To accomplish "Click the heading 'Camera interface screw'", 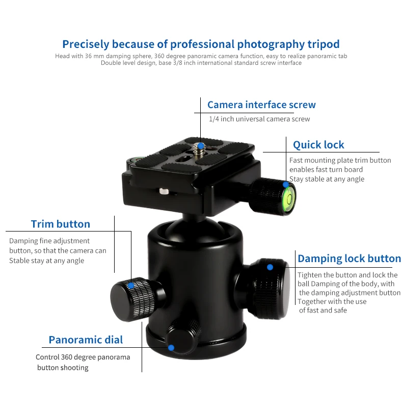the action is click(x=261, y=105).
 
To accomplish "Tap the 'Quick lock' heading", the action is click(x=318, y=145).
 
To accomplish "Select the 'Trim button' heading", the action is click(x=61, y=224).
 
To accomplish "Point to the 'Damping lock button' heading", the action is click(x=349, y=259).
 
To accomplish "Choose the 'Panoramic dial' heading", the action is click(x=86, y=340).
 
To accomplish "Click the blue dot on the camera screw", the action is click(x=201, y=146).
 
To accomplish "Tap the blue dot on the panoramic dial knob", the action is click(x=171, y=348).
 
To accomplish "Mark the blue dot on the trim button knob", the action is click(x=130, y=286).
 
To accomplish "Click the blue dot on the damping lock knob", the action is click(x=270, y=267).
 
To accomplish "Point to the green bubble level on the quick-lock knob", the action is click(x=289, y=198).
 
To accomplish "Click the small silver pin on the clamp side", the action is click(x=164, y=191).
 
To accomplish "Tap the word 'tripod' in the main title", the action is click(x=324, y=44).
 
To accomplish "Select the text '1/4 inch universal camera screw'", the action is click(x=259, y=119).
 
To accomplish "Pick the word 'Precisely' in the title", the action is click(x=86, y=44).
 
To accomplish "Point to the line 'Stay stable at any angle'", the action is click(x=327, y=179).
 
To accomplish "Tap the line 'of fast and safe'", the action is click(x=323, y=311).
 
